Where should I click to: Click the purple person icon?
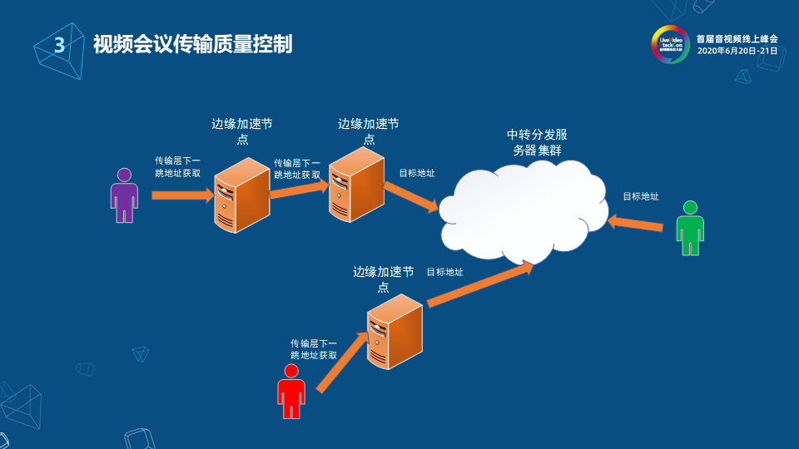pos(124,196)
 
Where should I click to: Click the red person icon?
pos(291,392)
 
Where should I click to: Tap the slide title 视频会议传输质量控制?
pos(192,44)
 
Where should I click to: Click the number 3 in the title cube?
pos(59,45)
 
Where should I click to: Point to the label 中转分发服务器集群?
pos(538,142)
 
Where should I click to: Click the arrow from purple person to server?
pos(182,196)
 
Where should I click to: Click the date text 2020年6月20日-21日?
pos(737,51)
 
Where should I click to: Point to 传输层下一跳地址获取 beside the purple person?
pos(177,166)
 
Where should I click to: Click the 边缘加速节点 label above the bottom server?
pos(383,279)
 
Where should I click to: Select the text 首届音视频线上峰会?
pos(737,38)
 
